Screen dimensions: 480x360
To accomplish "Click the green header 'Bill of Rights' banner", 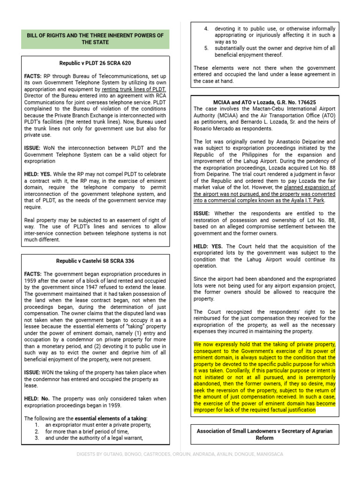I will coord(95,39).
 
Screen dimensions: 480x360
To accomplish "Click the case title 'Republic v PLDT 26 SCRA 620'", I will coord(95,63).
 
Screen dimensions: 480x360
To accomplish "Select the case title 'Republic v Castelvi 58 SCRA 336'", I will coord(95,261).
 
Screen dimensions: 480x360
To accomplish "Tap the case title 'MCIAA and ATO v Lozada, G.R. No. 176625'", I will coord(264,102).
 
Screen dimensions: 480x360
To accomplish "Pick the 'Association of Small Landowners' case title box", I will coord(264,434).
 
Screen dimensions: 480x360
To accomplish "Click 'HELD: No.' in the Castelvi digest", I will coord(37,398).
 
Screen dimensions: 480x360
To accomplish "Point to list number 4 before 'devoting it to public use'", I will coord(206,29).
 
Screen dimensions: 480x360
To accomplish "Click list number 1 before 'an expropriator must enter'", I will coord(36,425).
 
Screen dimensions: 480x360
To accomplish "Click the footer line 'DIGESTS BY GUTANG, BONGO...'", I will coord(180,454).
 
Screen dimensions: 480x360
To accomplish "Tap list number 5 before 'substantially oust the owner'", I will coord(206,48).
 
